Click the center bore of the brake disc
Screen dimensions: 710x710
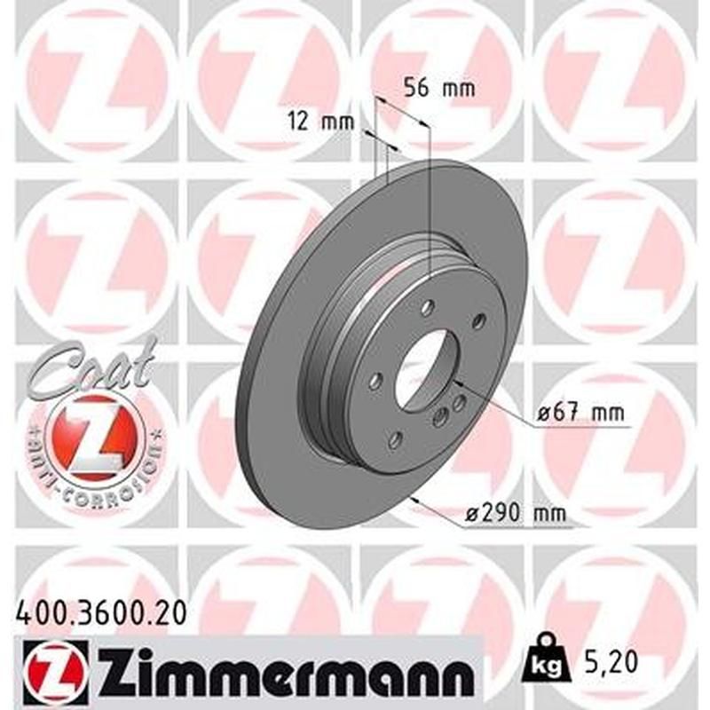click(422, 368)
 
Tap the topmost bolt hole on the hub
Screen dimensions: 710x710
click(427, 307)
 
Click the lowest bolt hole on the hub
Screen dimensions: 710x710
click(396, 438)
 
